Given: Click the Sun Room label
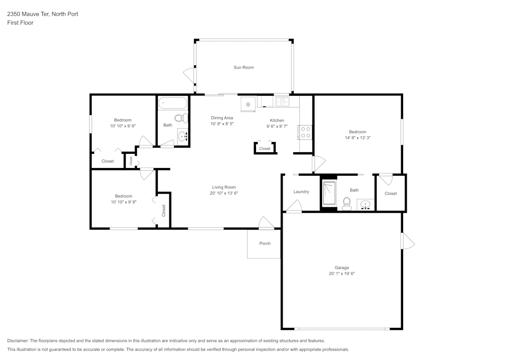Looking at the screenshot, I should click(x=243, y=67).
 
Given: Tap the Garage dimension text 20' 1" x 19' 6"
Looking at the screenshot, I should click(x=342, y=274).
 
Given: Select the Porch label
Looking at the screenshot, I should click(x=265, y=243).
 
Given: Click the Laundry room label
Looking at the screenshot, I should click(x=301, y=192).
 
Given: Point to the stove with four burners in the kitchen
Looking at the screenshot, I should click(x=305, y=132).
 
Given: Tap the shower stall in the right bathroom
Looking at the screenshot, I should click(x=329, y=193).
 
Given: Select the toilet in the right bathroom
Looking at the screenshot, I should click(x=347, y=204).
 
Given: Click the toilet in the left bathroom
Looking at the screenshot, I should click(x=181, y=119).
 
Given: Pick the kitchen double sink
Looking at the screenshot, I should click(x=282, y=102).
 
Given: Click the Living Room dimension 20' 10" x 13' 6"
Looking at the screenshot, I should click(x=224, y=193).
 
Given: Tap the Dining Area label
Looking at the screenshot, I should click(x=222, y=118).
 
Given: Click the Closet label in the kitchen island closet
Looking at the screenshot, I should click(x=265, y=149).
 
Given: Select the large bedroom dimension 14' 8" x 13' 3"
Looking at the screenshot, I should click(x=357, y=138).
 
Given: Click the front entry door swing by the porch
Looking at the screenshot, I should click(x=266, y=223).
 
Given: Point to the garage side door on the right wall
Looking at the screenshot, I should click(x=407, y=241).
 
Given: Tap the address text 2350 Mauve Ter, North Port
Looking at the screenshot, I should click(x=42, y=14).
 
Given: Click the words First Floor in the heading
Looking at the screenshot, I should click(x=20, y=23).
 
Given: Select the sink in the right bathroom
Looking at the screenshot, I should click(x=365, y=205).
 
